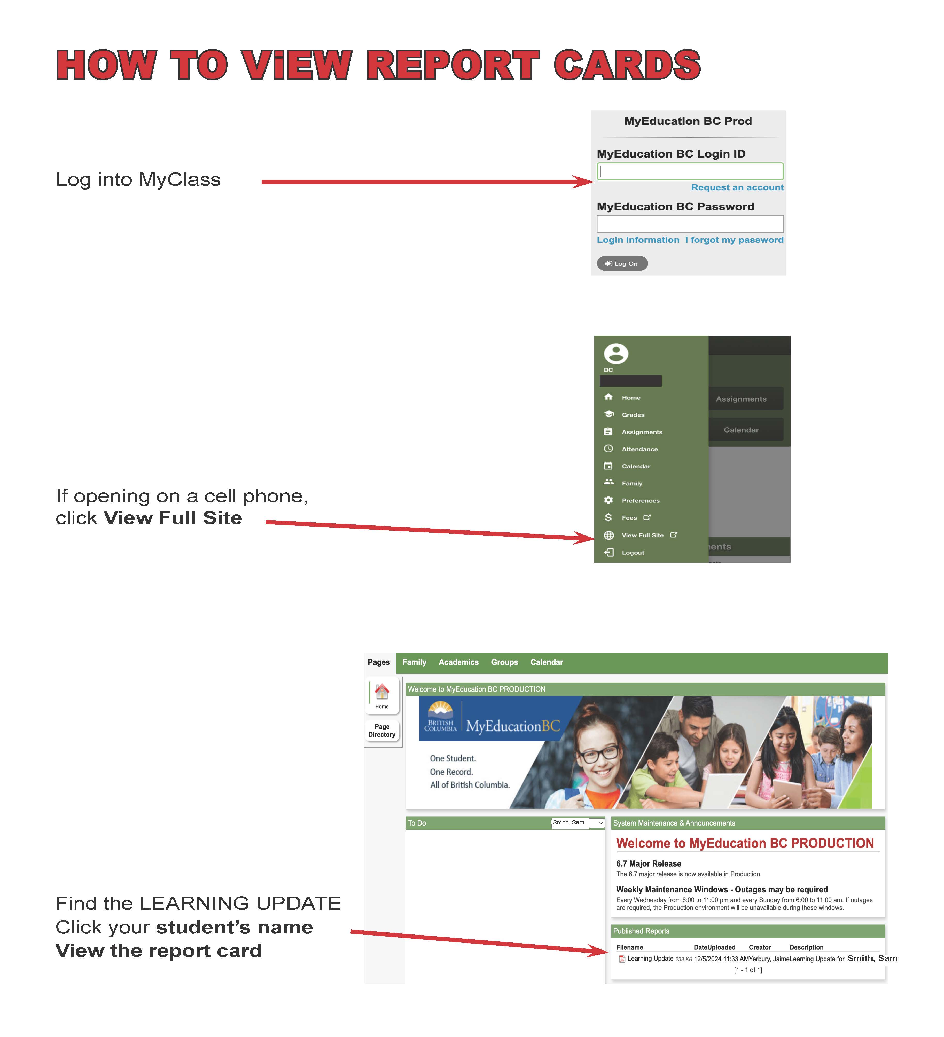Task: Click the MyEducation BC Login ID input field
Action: tap(690, 171)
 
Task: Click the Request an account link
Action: tap(737, 187)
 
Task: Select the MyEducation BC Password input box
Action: tap(690, 224)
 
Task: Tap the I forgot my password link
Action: tap(734, 240)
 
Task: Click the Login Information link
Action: tap(638, 240)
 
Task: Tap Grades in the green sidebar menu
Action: tap(633, 415)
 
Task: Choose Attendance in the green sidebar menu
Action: tap(639, 449)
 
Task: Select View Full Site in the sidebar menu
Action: tap(643, 535)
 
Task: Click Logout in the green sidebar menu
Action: tap(633, 552)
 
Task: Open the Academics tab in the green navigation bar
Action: tap(458, 662)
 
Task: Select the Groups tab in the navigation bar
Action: tap(504, 662)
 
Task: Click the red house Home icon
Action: tap(382, 692)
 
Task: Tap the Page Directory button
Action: tap(382, 730)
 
